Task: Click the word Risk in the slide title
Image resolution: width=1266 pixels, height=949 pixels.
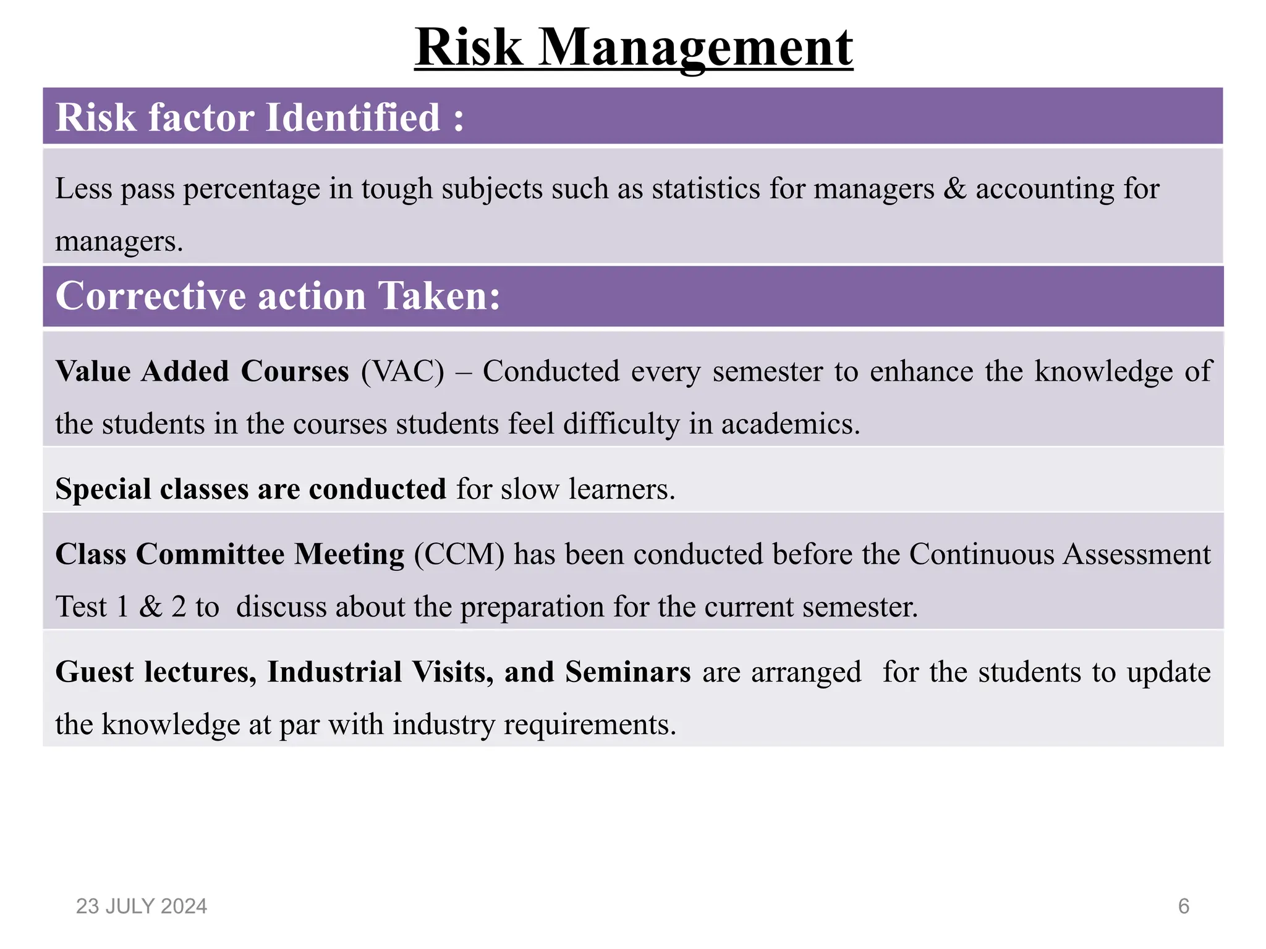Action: [469, 48]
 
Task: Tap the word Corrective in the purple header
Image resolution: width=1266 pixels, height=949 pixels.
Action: [151, 296]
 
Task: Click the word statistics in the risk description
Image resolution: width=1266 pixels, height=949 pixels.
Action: [706, 188]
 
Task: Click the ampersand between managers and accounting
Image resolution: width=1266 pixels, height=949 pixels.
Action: [954, 188]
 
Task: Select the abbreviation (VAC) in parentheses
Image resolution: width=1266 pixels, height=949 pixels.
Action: [402, 371]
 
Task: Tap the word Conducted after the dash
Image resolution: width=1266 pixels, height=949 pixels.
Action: [551, 371]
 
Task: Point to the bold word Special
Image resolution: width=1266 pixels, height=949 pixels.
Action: [103, 489]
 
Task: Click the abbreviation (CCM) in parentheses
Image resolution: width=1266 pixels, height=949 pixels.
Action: [459, 554]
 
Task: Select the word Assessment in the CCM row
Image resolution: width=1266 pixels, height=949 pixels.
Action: [1136, 554]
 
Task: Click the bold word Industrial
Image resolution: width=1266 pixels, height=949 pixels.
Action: [334, 672]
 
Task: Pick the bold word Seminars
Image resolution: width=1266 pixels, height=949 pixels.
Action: [627, 672]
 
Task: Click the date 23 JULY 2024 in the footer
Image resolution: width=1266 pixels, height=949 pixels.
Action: [142, 906]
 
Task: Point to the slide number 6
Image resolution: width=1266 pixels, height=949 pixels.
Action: [1183, 906]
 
